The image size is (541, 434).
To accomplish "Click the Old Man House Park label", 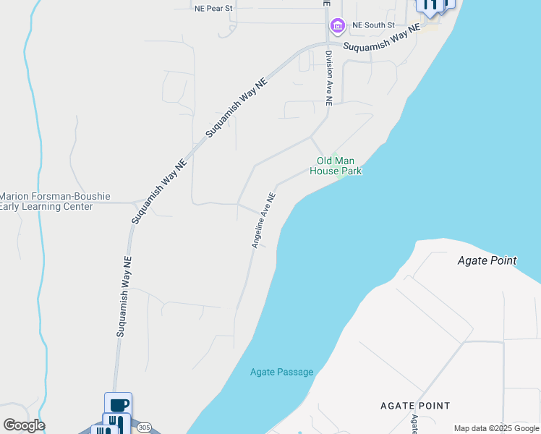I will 336,166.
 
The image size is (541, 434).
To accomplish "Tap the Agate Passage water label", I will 281,373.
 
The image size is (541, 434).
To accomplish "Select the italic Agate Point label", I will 487,260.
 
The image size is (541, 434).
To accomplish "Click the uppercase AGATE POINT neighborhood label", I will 415,406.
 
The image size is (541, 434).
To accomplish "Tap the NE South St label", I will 373,25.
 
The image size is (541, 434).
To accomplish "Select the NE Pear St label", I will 213,9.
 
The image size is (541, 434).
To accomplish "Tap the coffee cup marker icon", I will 118,404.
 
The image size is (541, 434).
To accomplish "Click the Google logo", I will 24,425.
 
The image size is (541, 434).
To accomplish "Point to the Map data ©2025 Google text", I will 497,428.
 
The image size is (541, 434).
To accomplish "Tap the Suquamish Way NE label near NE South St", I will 381,39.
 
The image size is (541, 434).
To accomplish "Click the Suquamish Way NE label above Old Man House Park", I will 237,108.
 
